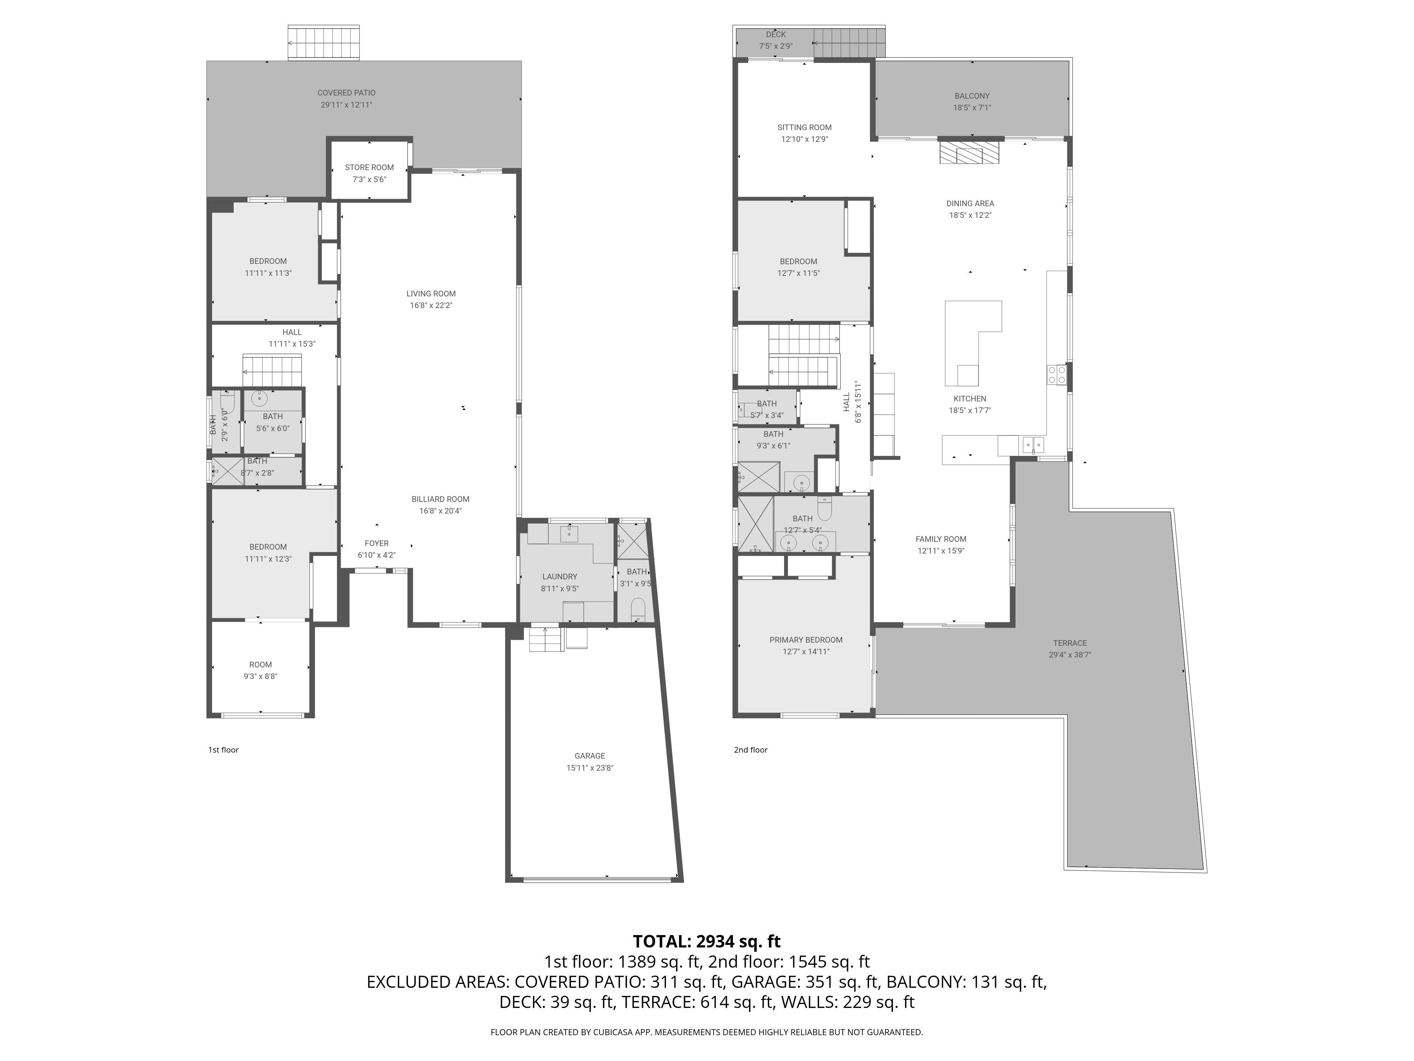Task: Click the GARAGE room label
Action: [589, 756]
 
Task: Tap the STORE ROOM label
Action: [369, 168]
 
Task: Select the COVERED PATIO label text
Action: [346, 93]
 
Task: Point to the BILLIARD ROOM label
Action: [440, 499]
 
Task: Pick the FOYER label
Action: [376, 544]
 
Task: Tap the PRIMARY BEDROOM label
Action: [806, 640]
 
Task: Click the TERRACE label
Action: [1070, 643]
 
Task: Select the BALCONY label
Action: [972, 96]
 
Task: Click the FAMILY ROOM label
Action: [941, 539]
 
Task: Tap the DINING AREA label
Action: [970, 203]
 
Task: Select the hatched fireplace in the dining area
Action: [969, 152]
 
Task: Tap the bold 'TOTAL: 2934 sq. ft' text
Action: [706, 941]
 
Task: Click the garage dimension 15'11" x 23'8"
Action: [589, 768]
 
